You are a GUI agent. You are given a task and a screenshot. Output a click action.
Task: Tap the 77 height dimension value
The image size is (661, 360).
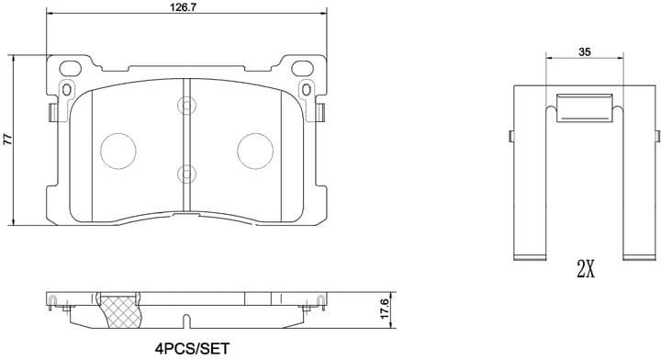tap(7, 140)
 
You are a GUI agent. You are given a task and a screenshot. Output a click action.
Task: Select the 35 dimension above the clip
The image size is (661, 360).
tap(585, 53)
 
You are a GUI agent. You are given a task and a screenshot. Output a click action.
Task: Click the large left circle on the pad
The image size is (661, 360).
tap(117, 151)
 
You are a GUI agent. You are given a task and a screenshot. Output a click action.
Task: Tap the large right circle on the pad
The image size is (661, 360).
tap(254, 151)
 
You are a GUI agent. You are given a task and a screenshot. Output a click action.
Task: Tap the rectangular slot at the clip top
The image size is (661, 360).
tap(585, 108)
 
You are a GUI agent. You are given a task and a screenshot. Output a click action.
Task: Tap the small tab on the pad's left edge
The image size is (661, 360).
tap(50, 111)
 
